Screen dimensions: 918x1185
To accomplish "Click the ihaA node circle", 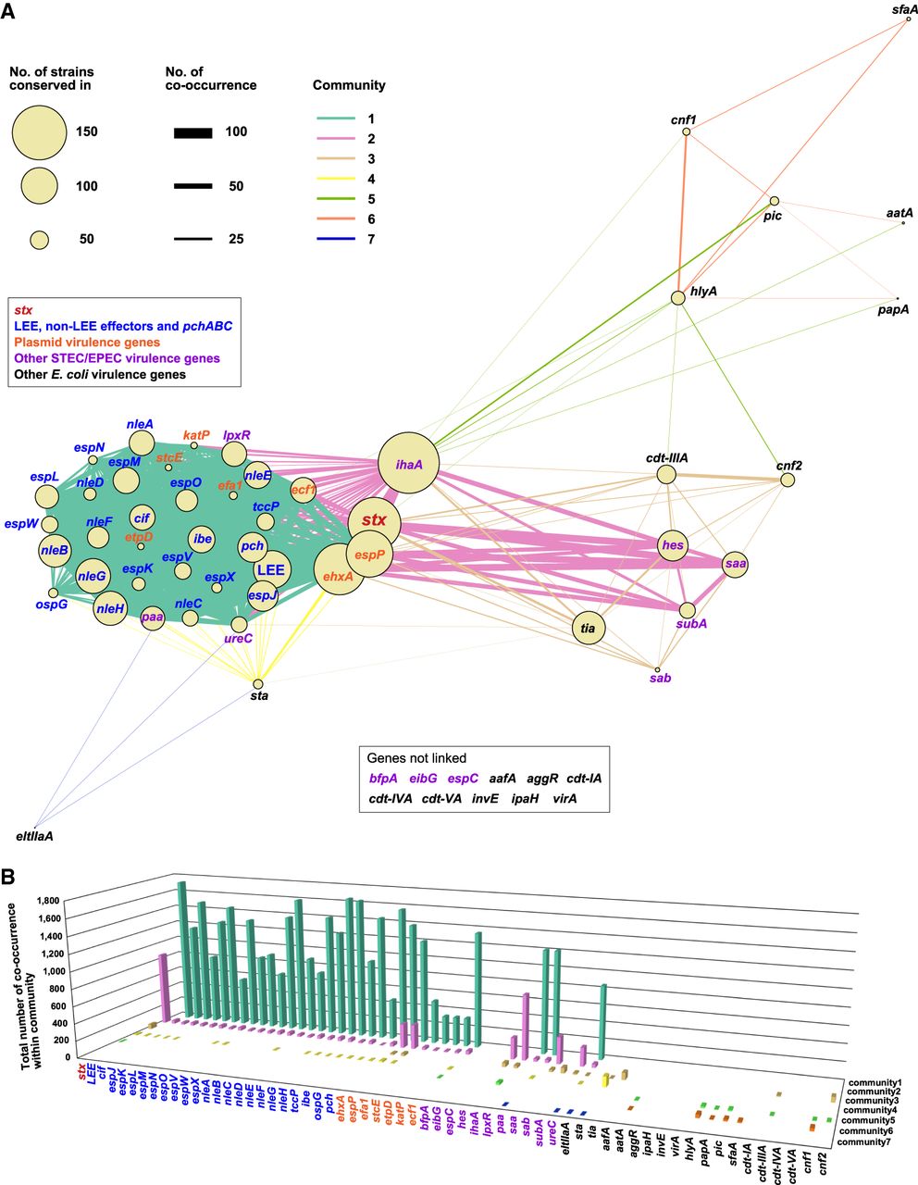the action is [409, 463].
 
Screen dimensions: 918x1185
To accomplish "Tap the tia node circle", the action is [589, 628].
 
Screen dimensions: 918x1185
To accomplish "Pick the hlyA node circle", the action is [677, 298].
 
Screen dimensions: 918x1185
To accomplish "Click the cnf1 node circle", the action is [687, 131].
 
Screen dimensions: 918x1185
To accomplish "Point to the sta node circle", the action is [258, 684].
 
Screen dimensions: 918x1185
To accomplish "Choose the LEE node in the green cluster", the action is [271, 570].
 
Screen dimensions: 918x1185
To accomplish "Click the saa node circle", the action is [735, 564].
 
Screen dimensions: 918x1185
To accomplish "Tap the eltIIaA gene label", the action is [35, 836].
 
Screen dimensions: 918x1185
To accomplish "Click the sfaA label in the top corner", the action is [904, 9].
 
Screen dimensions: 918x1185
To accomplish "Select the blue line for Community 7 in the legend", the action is [336, 240].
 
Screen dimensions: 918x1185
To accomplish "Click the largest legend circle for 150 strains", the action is [39, 132].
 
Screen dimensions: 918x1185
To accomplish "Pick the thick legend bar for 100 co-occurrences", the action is [193, 132].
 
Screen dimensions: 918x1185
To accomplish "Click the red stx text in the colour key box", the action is [23, 310].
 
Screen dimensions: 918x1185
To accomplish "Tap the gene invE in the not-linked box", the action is [485, 798].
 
